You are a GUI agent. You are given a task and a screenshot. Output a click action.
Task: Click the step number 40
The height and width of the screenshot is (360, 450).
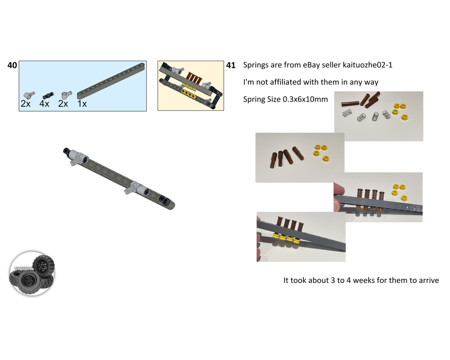click(12, 65)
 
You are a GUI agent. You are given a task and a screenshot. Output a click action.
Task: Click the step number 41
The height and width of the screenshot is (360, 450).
click(231, 65)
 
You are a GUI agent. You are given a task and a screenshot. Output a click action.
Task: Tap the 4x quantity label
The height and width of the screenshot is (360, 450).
click(44, 103)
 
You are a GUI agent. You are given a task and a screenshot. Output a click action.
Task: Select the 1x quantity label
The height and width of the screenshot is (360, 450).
click(82, 103)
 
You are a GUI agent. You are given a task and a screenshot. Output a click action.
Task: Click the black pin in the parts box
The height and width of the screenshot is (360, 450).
click(48, 95)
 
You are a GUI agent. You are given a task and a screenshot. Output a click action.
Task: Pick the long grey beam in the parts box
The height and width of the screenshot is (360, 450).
click(111, 81)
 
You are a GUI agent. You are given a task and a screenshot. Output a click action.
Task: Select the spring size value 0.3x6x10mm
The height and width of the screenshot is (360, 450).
click(305, 99)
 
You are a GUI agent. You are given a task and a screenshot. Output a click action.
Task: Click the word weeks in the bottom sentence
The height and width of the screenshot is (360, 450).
click(364, 280)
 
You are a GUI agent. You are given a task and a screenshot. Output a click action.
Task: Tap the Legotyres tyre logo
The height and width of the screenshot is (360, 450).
click(32, 274)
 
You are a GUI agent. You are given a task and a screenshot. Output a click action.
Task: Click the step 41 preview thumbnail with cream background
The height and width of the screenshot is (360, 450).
click(190, 85)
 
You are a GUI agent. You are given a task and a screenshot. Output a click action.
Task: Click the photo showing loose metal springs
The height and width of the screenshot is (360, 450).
click(378, 116)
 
